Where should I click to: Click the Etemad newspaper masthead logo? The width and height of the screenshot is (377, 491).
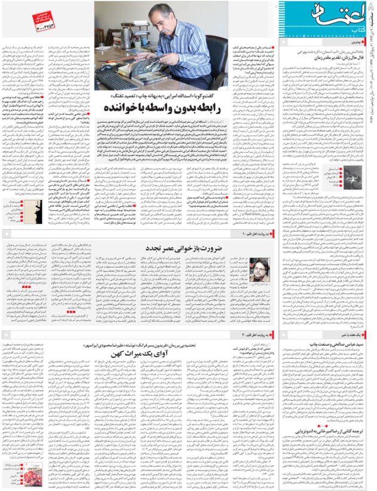click(339, 16)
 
